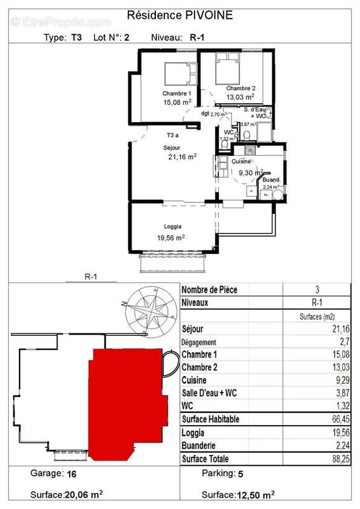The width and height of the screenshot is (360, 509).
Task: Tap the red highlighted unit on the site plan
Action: [x=127, y=401]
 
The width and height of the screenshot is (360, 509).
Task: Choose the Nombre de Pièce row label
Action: [x=210, y=290]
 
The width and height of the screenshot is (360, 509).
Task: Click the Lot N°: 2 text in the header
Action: [x=112, y=38]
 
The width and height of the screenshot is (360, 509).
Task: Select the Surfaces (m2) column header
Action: [x=316, y=316]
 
